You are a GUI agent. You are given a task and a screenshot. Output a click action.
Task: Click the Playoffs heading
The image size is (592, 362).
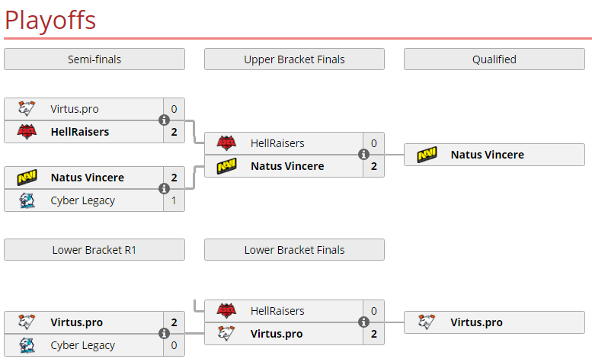pyautogui.click(x=50, y=20)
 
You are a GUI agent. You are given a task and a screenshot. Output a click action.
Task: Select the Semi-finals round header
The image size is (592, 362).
pyautogui.click(x=94, y=59)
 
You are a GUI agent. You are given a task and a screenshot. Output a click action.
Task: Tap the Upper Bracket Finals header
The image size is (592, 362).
pyautogui.click(x=295, y=59)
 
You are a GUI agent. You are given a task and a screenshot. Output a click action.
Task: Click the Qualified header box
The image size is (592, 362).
pyautogui.click(x=494, y=59)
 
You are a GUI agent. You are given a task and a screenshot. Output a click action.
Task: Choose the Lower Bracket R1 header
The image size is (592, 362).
pyautogui.click(x=94, y=250)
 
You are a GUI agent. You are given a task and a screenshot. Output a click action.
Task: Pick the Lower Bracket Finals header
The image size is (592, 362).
pyautogui.click(x=295, y=250)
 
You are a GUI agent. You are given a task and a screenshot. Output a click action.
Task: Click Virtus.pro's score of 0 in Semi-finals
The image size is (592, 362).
pyautogui.click(x=174, y=109)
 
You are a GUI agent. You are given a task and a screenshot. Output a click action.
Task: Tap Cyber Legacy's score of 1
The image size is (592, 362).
pyautogui.click(x=174, y=200)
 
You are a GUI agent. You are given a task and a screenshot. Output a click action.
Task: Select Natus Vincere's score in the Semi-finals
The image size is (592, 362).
pyautogui.click(x=174, y=178)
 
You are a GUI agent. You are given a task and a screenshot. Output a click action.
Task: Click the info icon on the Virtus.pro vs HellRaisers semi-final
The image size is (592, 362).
pyautogui.click(x=164, y=120)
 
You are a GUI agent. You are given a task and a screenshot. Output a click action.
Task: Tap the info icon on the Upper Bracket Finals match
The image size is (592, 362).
pyautogui.click(x=363, y=155)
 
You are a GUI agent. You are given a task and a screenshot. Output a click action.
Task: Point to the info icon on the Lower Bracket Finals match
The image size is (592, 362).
pyautogui.click(x=363, y=322)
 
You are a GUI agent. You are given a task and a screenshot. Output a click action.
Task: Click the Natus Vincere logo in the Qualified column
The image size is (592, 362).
pyautogui.click(x=427, y=155)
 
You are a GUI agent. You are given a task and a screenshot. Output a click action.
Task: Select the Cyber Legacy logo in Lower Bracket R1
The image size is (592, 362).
pyautogui.click(x=27, y=345)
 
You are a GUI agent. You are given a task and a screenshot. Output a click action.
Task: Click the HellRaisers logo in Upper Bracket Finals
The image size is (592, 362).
pyautogui.click(x=226, y=143)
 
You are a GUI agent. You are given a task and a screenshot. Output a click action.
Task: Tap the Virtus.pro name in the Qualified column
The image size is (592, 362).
pyautogui.click(x=476, y=322)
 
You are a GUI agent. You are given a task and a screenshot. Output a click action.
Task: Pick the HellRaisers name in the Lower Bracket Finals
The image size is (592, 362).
pyautogui.click(x=277, y=311)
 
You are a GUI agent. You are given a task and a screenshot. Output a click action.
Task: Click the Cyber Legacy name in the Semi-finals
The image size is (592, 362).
pyautogui.click(x=83, y=201)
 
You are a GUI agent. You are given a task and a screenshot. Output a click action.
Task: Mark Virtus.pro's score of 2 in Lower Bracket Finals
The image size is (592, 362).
pyautogui.click(x=374, y=334)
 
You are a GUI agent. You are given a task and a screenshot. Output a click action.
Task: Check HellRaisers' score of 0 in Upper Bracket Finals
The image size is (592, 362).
pyautogui.click(x=374, y=143)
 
